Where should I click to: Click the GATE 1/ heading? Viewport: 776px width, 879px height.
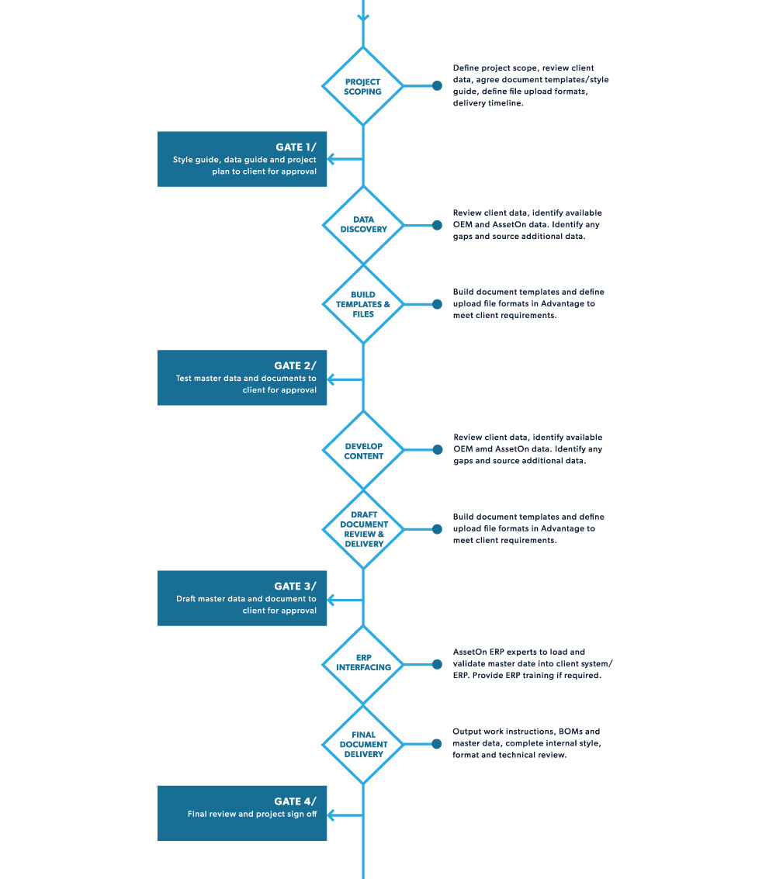click(296, 147)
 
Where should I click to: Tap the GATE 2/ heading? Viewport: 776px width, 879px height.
click(295, 365)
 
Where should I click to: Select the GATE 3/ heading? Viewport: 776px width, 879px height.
click(295, 586)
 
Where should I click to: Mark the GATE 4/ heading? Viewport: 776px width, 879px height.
click(295, 801)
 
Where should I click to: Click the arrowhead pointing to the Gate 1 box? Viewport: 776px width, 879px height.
click(331, 159)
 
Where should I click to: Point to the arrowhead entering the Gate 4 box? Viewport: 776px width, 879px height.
click(331, 815)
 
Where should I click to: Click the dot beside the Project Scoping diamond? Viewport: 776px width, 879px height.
click(437, 86)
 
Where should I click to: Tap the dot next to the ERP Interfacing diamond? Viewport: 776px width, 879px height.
click(437, 664)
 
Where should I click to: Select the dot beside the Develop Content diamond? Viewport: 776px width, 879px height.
click(438, 450)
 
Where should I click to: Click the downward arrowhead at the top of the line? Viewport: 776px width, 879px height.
click(362, 18)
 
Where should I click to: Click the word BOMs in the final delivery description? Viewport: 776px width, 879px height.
click(570, 731)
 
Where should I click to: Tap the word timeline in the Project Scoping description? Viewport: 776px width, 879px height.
click(506, 103)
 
